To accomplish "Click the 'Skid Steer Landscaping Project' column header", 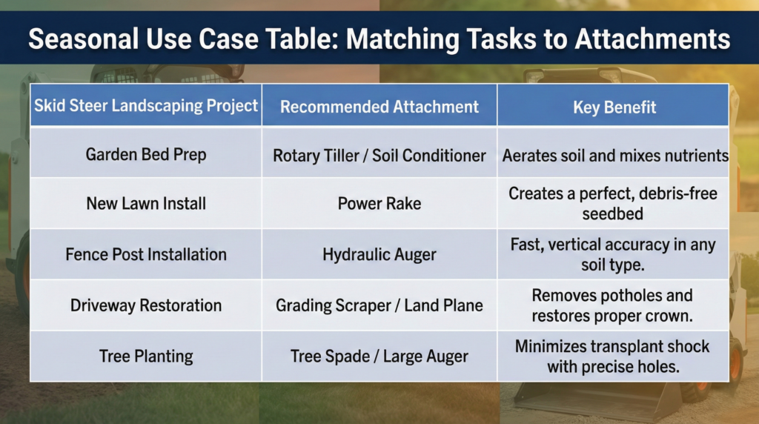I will pyautogui.click(x=146, y=105).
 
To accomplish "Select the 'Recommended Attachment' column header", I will pyautogui.click(x=379, y=107).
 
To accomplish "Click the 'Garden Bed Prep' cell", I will pyautogui.click(x=146, y=155).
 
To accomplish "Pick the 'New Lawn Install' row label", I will pyautogui.click(x=146, y=203).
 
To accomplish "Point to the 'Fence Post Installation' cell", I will pyautogui.click(x=146, y=254).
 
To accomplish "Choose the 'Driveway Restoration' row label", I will pyautogui.click(x=146, y=305).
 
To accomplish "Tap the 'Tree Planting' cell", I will pyautogui.click(x=146, y=356).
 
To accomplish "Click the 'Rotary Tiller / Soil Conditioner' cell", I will pyautogui.click(x=379, y=156).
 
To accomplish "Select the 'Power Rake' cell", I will pyautogui.click(x=379, y=203).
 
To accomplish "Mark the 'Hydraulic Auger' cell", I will pyautogui.click(x=379, y=254).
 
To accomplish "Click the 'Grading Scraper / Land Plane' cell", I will pyautogui.click(x=379, y=305).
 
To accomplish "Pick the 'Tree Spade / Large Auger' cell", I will pyautogui.click(x=379, y=356).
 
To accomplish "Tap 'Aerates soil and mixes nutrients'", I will pyautogui.click(x=615, y=156).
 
